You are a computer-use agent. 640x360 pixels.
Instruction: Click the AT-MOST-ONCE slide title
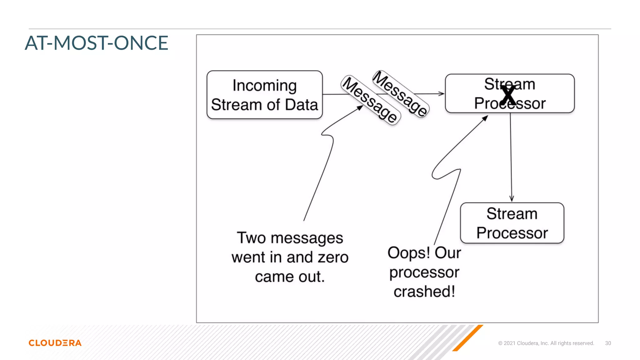tap(97, 43)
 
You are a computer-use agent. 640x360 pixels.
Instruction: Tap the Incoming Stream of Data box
tap(264, 95)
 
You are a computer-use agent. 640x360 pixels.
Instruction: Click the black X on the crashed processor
tap(508, 95)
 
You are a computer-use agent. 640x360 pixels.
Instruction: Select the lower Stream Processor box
tap(512, 223)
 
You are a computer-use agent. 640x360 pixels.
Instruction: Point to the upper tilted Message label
tap(401, 93)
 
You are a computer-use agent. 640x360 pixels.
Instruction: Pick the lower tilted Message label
tap(370, 100)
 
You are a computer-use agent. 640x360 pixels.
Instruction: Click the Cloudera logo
tap(55, 343)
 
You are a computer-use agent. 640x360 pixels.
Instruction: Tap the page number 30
tap(608, 343)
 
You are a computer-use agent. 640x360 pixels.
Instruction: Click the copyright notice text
tap(546, 343)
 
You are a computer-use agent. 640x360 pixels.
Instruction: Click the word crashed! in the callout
tap(424, 292)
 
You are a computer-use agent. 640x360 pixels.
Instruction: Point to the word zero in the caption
tap(333, 257)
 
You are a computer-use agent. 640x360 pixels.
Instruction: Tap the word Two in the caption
tap(251, 238)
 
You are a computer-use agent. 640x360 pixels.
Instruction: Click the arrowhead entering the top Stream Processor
tap(441, 93)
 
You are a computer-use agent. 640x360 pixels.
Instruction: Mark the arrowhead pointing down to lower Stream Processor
tap(512, 199)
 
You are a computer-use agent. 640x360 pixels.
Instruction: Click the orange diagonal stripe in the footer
tap(468, 337)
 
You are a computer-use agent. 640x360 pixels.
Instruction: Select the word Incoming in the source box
tap(264, 86)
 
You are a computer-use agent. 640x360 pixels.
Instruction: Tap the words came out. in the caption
tap(290, 277)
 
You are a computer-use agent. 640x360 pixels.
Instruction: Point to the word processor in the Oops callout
tap(424, 272)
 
